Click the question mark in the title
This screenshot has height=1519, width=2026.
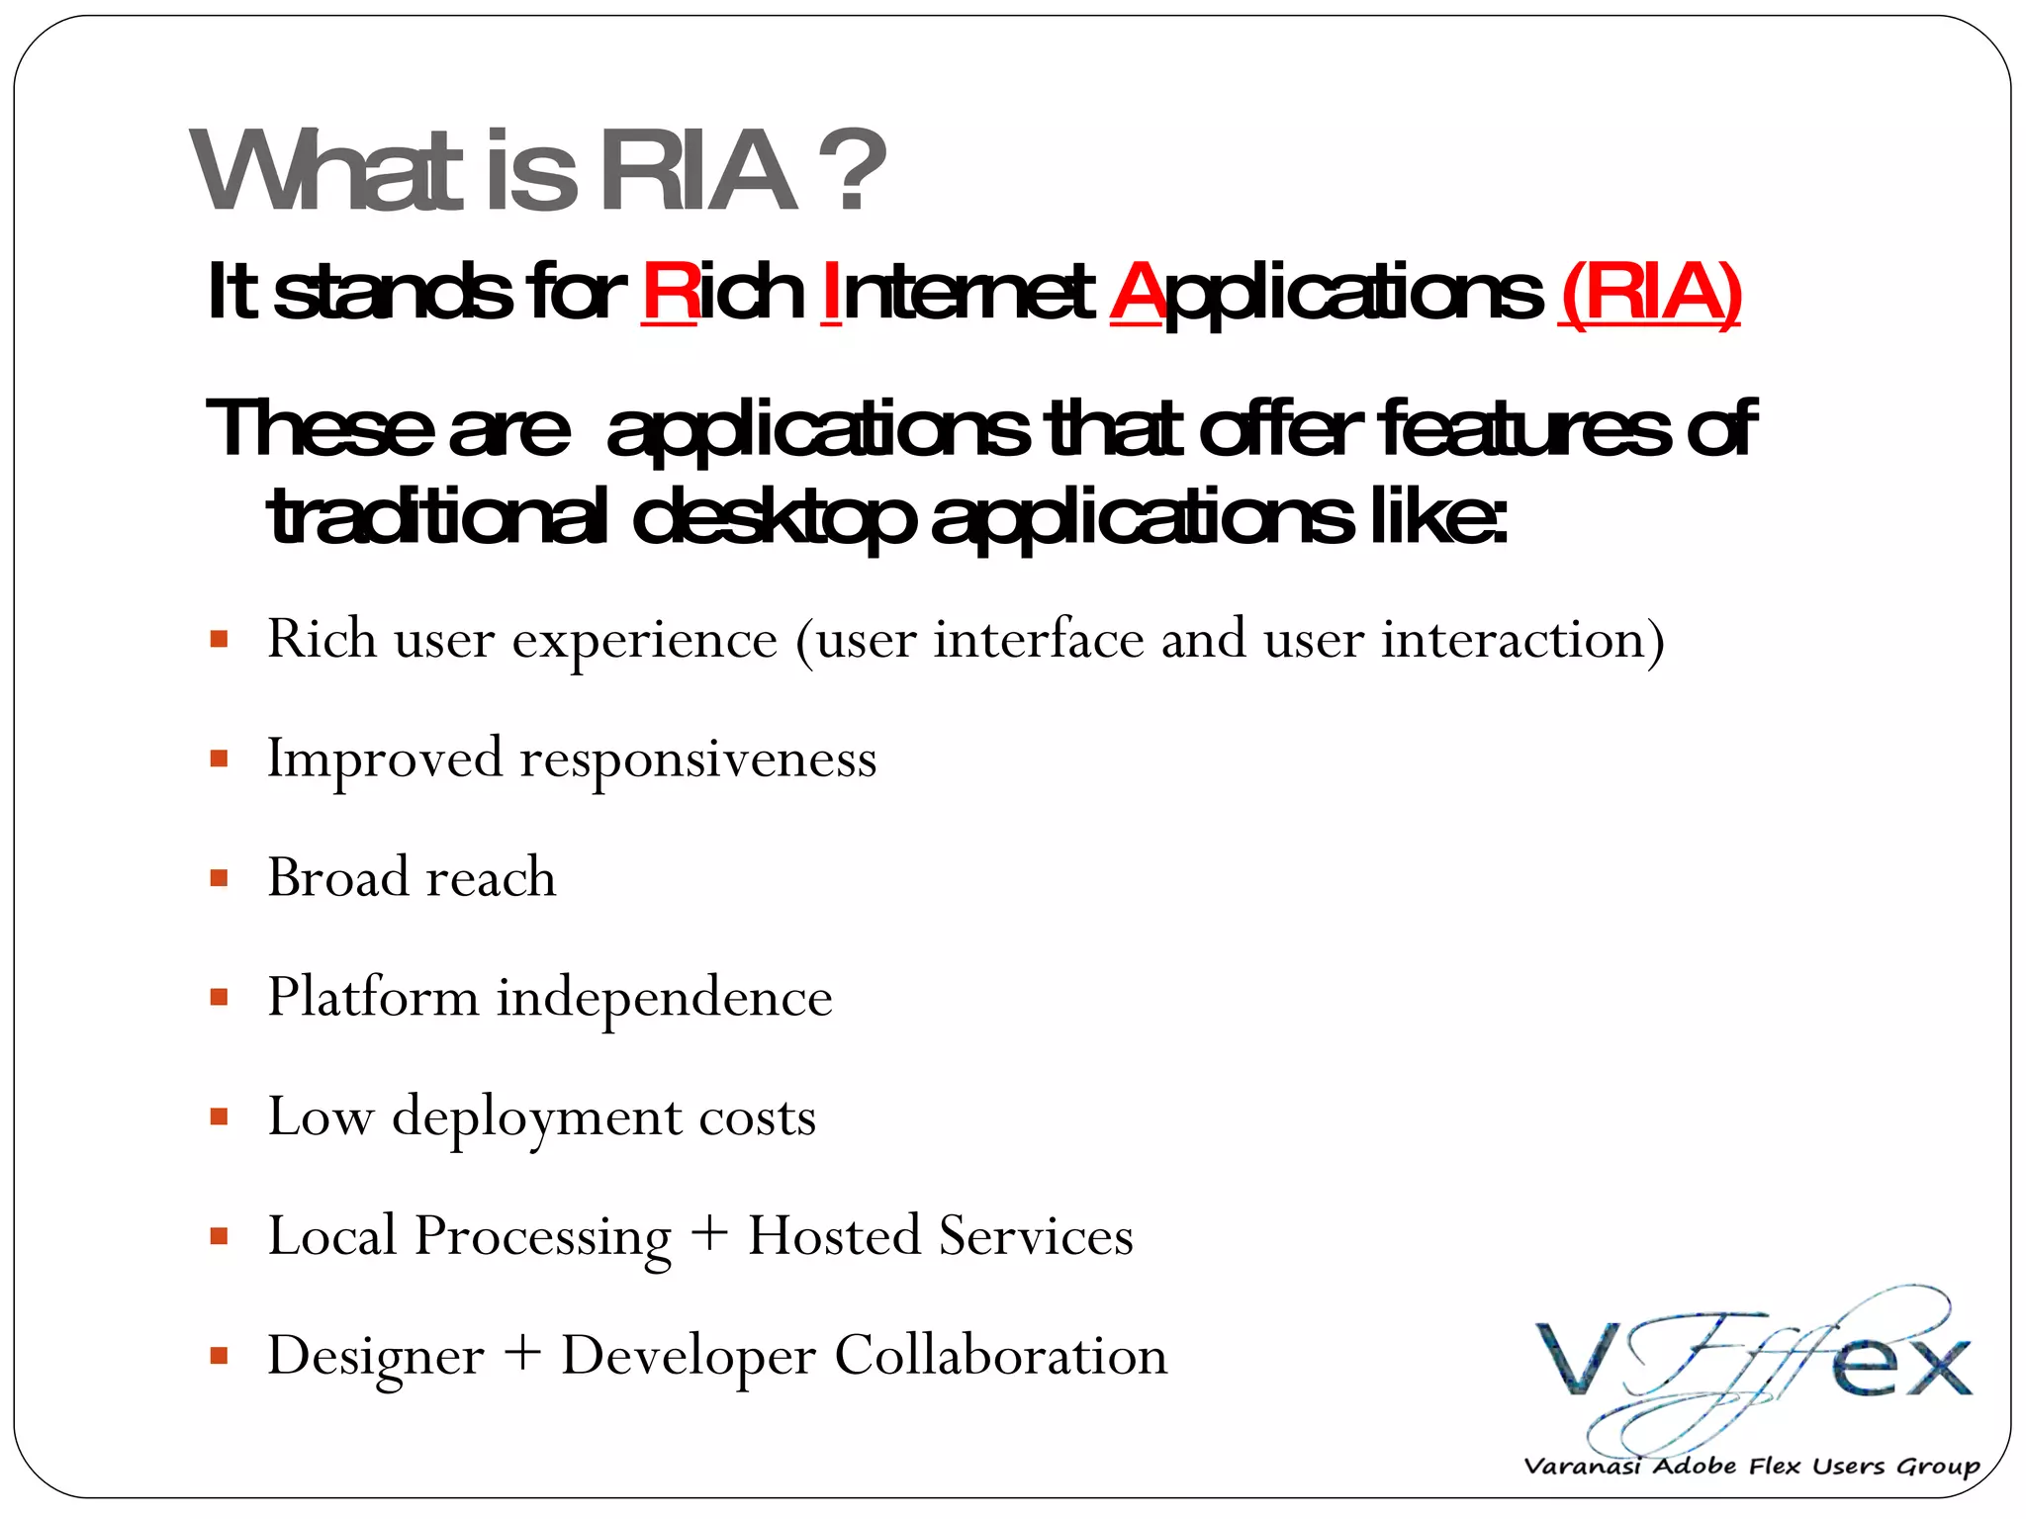tap(858, 171)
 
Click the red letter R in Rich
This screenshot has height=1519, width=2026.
tap(670, 292)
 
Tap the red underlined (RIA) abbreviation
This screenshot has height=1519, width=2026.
tap(1649, 293)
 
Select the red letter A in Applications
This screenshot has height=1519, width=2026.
tap(1136, 292)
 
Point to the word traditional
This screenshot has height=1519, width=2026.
tap(436, 517)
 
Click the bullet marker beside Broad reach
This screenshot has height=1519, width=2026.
tap(220, 878)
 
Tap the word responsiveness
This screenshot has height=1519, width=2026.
tap(697, 759)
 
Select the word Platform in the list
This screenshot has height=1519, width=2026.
tap(373, 997)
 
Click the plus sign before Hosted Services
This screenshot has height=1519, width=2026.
tap(709, 1235)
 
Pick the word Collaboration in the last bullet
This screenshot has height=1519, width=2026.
tap(1000, 1355)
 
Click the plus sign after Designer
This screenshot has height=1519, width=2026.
tap(522, 1354)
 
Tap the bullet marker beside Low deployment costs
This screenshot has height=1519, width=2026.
tap(220, 1117)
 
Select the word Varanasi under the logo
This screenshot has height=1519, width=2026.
tap(1581, 1466)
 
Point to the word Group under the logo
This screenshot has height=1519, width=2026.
tap(1938, 1466)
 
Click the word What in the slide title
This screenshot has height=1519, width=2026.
tap(327, 171)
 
